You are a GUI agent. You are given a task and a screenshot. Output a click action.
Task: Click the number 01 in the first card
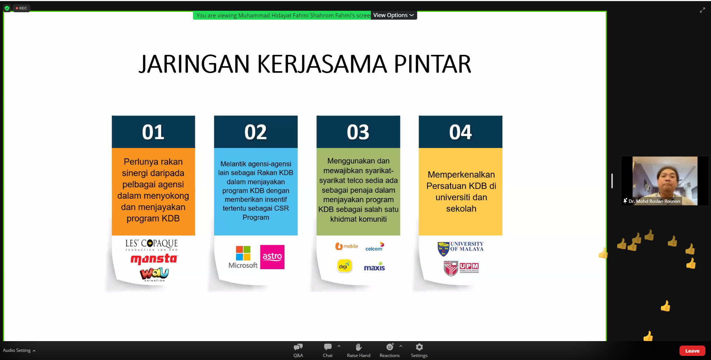153,132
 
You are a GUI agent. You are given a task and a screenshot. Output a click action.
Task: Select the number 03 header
358,132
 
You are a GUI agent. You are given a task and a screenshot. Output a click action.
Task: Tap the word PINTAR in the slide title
432,64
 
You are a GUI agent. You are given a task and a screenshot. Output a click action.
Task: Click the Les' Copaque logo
152,245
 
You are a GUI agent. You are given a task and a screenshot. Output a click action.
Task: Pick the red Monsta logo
154,259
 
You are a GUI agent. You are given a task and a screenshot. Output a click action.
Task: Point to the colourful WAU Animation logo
154,274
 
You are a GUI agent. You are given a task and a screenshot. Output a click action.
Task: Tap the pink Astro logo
272,257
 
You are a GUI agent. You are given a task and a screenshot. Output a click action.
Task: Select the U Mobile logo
346,246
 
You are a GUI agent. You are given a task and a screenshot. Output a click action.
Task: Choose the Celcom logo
375,247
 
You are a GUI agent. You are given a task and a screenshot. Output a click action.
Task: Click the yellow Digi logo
344,266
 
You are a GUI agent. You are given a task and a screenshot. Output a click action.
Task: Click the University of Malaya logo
461,249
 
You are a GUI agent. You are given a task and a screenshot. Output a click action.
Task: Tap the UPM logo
461,268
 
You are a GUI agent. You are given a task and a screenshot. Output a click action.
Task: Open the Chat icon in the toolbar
328,347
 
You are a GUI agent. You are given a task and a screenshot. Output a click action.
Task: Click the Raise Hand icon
359,347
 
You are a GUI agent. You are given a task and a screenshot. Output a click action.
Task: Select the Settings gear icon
419,347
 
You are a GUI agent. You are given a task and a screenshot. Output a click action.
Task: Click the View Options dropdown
394,15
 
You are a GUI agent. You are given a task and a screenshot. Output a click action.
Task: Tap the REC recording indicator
21,8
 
